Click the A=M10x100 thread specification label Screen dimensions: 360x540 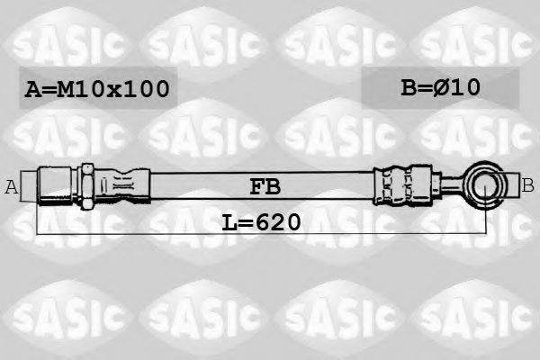pos(97,88)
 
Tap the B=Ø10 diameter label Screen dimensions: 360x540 pos(440,87)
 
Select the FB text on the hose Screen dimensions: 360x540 pos(265,187)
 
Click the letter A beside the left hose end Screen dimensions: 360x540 pos(12,187)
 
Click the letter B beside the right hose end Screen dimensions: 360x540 pos(527,186)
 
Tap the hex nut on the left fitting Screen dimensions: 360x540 pos(87,186)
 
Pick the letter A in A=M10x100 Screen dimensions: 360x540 pos(33,88)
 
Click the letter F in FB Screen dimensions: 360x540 pos(256,187)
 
